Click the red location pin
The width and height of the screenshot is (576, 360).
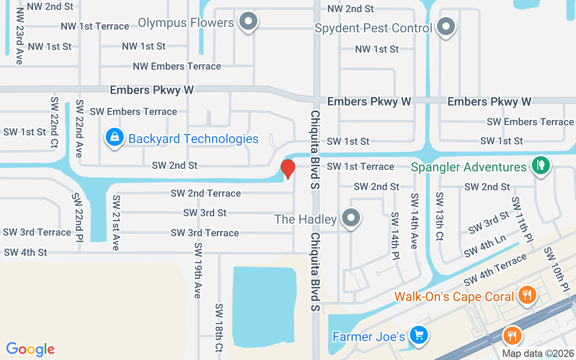coord(288,169)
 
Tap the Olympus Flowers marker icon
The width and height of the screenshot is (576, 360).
coord(247,21)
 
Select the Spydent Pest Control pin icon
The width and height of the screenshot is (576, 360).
coord(446,26)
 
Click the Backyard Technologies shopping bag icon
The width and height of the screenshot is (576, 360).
coord(114,137)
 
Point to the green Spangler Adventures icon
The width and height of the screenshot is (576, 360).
coord(541,165)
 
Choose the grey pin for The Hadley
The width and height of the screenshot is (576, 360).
coord(351,218)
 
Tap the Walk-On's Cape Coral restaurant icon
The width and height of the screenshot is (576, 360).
coord(526,295)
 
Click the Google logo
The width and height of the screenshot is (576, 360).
coord(31,349)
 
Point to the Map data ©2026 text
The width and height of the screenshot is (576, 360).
coord(538,354)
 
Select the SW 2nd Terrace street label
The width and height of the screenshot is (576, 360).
coord(206,193)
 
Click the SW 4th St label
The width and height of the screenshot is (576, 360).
coord(25,252)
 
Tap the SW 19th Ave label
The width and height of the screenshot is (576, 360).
coord(198,270)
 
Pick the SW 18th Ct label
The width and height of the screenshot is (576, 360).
coord(219,327)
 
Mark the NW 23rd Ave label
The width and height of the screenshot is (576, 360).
coord(19,36)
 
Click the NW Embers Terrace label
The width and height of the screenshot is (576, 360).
coord(177,67)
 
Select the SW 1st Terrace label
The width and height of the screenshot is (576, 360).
coord(360,166)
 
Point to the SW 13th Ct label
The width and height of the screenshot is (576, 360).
coord(440,216)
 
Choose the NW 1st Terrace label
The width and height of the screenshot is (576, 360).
coord(95,26)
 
